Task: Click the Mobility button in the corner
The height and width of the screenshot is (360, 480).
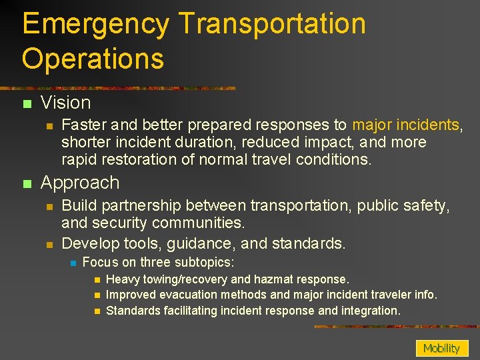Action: point(441,348)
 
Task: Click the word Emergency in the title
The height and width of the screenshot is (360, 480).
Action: point(95,25)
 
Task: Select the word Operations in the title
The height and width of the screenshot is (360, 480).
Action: point(93,58)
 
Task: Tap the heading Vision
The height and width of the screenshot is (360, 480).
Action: point(65,103)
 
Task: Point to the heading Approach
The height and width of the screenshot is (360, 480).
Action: point(80,183)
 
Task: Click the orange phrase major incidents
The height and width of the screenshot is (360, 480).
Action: point(405,125)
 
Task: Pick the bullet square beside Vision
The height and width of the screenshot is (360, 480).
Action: point(27,104)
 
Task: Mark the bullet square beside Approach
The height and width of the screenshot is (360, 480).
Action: point(27,183)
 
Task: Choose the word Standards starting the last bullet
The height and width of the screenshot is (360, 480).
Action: point(134,310)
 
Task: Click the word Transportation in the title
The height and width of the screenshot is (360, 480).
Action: point(273,25)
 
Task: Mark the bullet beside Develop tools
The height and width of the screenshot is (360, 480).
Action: point(49,244)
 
